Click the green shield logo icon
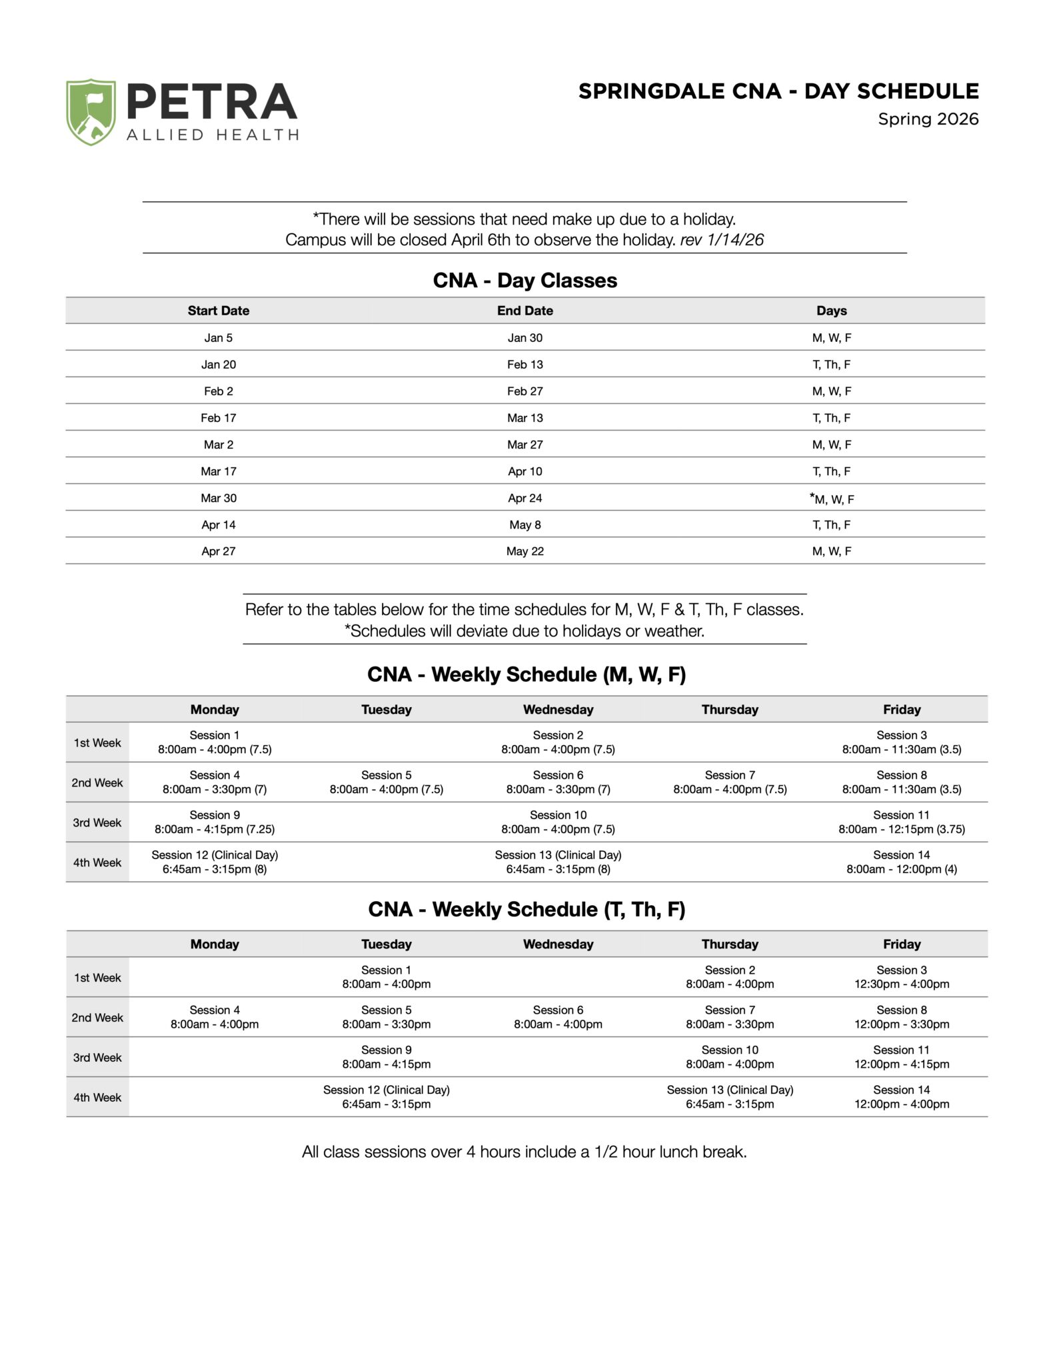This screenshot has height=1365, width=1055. (x=91, y=112)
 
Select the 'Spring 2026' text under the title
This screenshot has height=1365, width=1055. (x=928, y=119)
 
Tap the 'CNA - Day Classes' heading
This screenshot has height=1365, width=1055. (x=525, y=281)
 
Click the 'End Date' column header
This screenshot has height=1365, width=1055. (x=525, y=311)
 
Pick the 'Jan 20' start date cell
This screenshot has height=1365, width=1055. (x=219, y=365)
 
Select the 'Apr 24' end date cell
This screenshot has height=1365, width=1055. (x=525, y=498)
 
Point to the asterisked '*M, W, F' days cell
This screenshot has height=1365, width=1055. (x=832, y=499)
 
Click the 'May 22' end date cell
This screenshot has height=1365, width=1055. (x=525, y=551)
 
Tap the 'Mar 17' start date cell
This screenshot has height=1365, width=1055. (x=219, y=471)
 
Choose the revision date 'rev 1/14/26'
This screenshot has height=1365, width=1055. (x=722, y=240)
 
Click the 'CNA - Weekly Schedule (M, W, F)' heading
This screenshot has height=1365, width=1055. (x=527, y=675)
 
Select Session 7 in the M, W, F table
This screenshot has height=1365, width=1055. (x=730, y=782)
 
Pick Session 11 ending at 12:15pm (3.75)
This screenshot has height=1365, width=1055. (x=901, y=822)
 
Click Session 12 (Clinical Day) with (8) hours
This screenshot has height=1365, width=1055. (x=215, y=862)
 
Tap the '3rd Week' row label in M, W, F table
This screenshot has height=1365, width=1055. (x=97, y=822)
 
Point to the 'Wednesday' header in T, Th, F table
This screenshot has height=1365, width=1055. (x=558, y=944)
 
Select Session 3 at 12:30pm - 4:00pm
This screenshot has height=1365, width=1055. (x=901, y=977)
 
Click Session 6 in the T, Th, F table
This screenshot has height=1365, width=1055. (x=558, y=1017)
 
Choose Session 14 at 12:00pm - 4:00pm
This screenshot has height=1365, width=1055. (x=901, y=1097)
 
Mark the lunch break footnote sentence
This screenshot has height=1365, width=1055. (x=525, y=1152)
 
